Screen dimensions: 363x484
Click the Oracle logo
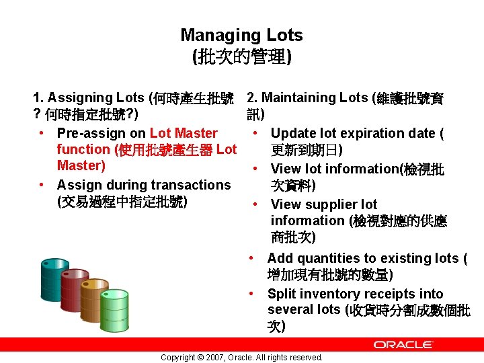(403, 344)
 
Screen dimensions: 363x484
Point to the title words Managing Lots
(241, 36)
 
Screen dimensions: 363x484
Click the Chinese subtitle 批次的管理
(242, 57)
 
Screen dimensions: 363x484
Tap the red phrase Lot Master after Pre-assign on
(184, 133)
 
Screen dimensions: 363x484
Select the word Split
(281, 294)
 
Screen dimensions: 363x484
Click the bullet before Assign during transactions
(42, 185)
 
